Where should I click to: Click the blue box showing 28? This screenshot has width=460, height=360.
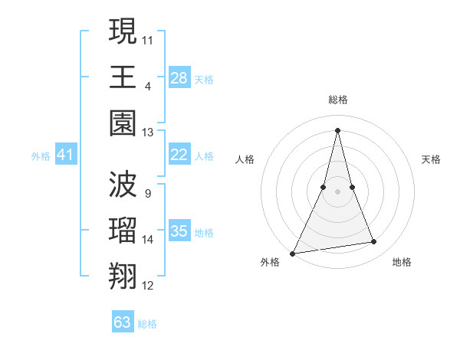[179, 78]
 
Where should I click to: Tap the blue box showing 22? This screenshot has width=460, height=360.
[179, 155]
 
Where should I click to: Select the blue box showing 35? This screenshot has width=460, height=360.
[179, 231]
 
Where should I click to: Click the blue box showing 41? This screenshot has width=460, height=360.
[66, 155]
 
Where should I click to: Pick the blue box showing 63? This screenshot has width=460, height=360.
[123, 322]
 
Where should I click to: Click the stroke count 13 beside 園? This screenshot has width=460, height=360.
[147, 133]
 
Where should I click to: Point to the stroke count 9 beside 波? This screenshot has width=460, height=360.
[147, 193]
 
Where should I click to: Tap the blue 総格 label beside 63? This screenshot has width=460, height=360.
[147, 324]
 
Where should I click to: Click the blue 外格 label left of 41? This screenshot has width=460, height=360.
[41, 156]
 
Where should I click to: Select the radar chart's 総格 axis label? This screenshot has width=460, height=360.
[337, 100]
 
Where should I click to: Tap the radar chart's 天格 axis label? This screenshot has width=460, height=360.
[431, 159]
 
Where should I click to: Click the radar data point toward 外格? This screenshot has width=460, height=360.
[293, 253]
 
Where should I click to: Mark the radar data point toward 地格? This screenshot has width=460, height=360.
[374, 242]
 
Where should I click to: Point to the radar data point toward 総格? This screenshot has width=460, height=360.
[337, 130]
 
